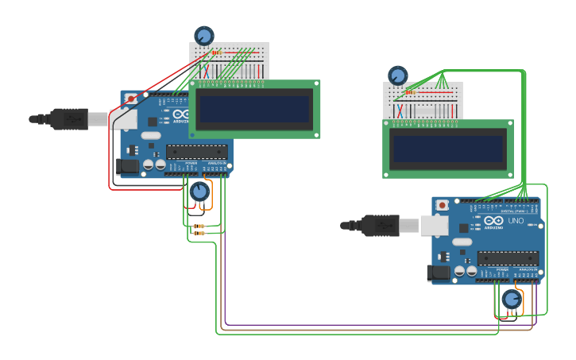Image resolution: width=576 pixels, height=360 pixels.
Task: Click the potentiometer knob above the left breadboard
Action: click(x=204, y=36)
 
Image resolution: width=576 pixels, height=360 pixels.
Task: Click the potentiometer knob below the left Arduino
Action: click(x=199, y=192)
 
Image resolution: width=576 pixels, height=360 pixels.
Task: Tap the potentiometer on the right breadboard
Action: click(x=397, y=75)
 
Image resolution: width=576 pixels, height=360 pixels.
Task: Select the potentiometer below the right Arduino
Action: click(x=512, y=300)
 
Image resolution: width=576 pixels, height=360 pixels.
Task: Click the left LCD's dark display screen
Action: click(x=254, y=109)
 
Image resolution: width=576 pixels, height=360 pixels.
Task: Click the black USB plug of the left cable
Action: click(x=70, y=118)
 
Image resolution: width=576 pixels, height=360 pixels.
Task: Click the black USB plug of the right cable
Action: click(x=381, y=226)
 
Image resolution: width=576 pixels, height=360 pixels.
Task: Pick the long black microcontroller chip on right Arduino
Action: click(x=508, y=258)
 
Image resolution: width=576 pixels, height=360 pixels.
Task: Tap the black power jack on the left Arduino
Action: click(x=126, y=166)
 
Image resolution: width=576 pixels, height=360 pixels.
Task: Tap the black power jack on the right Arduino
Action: click(x=438, y=273)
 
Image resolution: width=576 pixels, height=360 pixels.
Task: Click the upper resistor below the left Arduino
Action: click(x=199, y=226)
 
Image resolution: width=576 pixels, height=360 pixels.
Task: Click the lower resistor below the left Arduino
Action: click(x=199, y=234)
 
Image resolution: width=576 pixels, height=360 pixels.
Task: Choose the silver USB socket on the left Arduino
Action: click(x=124, y=118)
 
